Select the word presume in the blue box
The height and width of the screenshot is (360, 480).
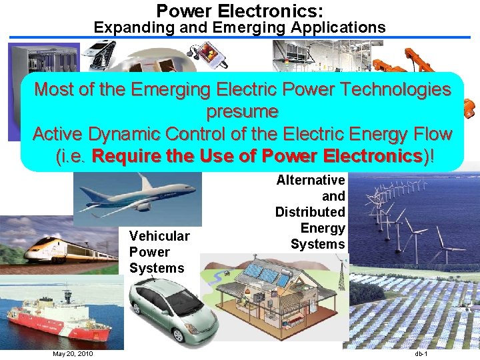pyautogui.click(x=242, y=111)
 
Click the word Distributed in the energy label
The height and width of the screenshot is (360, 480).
pyautogui.click(x=310, y=212)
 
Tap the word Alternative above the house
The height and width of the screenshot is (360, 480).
pyautogui.click(x=311, y=180)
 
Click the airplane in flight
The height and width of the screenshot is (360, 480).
pyautogui.click(x=133, y=195)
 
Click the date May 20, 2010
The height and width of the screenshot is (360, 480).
pyautogui.click(x=73, y=353)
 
